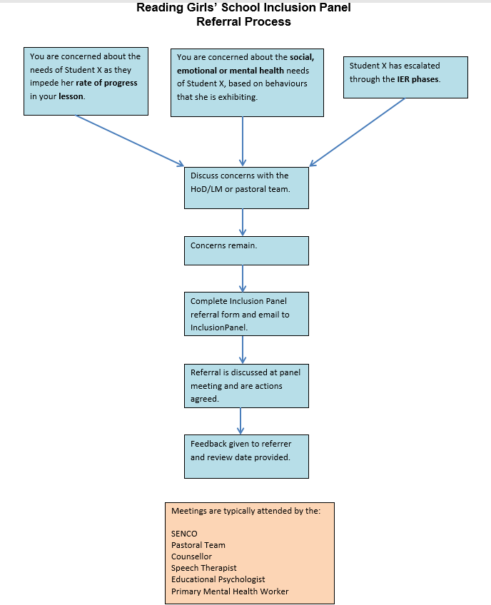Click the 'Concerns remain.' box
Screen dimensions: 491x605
pyautogui.click(x=246, y=250)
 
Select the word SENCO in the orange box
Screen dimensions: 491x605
pyautogui.click(x=184, y=534)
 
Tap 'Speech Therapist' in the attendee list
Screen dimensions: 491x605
pyautogui.click(x=204, y=568)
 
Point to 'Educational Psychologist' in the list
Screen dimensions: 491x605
pyautogui.click(x=218, y=579)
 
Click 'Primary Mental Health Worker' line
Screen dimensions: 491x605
pyautogui.click(x=230, y=591)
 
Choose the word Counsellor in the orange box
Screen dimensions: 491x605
pyautogui.click(x=191, y=556)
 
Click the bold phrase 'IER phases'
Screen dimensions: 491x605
pyautogui.click(x=418, y=79)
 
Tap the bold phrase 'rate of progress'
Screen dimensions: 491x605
pyautogui.click(x=106, y=83)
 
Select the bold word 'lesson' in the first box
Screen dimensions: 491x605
pyautogui.click(x=71, y=96)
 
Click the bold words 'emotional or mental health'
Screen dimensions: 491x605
pyautogui.click(x=230, y=71)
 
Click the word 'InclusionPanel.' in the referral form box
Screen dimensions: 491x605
pyautogui.click(x=219, y=327)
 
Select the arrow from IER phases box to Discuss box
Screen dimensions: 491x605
pyautogui.click(x=358, y=132)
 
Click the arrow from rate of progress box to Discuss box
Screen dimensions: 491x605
pyautogui.click(x=130, y=141)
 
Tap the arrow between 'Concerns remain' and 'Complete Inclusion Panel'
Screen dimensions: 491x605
pyautogui.click(x=243, y=278)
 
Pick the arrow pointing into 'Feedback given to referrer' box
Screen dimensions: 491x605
pyautogui.click(x=241, y=421)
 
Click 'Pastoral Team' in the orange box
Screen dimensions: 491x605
pyautogui.click(x=198, y=545)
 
